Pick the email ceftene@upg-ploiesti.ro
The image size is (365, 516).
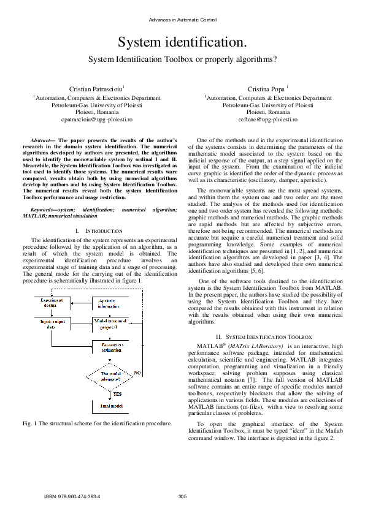point(267,120)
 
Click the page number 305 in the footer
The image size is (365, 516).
point(182,496)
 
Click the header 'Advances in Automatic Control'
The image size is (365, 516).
point(182,21)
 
